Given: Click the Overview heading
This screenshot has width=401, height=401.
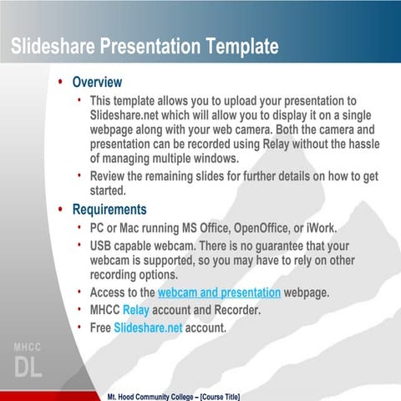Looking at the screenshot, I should (97, 83).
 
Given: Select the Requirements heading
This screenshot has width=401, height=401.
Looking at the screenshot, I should (109, 210).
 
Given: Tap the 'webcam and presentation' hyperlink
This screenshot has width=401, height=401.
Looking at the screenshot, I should (219, 292).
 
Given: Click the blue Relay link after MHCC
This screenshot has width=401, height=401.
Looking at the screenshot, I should (135, 310).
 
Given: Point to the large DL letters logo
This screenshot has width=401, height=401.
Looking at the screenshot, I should (27, 367).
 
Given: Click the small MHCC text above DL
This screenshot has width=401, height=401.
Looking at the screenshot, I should (27, 347).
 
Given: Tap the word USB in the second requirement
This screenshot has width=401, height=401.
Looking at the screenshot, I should (103, 246).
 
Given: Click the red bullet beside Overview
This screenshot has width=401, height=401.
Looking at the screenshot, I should (60, 83).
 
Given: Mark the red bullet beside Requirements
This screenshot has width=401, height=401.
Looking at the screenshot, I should (60, 210).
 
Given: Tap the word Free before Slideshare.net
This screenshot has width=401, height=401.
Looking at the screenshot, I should (100, 327).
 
